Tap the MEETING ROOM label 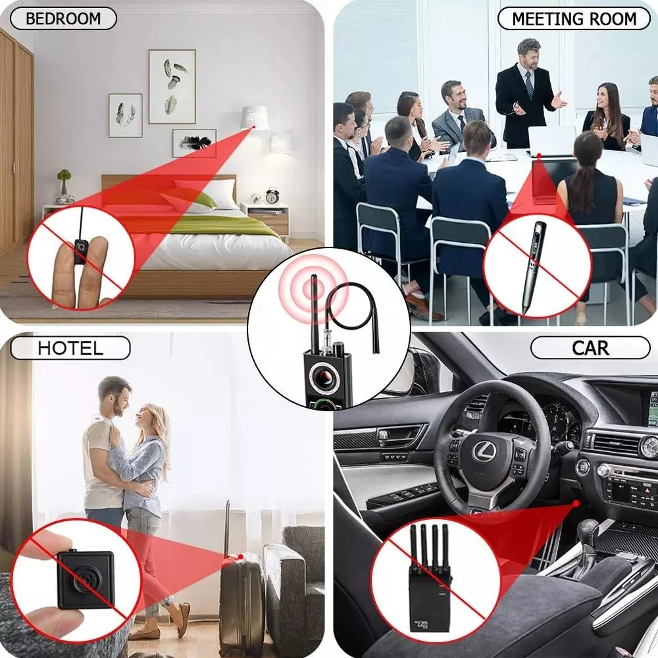[x=574, y=18]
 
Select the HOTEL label [x=70, y=348]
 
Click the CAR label [x=590, y=347]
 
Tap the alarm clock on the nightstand [x=272, y=195]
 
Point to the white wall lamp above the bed [x=255, y=118]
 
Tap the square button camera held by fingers [x=85, y=580]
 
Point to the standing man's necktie [x=529, y=85]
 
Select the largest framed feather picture [x=172, y=86]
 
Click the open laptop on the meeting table [x=551, y=143]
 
